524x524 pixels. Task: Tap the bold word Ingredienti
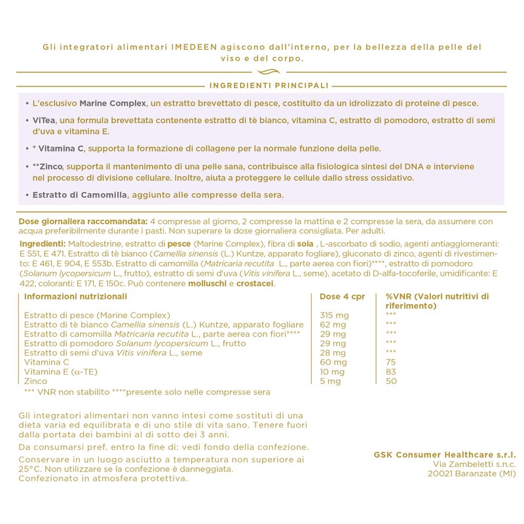[43, 243]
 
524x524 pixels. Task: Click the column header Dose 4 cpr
[341, 296]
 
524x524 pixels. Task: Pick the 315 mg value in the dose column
[334, 315]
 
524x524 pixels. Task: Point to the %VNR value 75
[391, 362]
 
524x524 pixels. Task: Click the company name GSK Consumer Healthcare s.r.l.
[443, 453]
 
